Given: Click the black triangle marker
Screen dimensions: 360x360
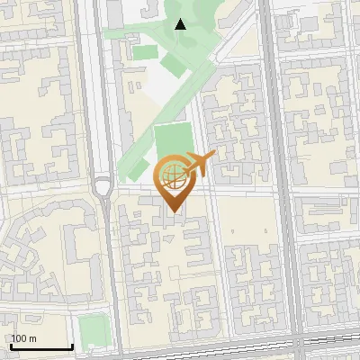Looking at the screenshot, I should click(x=180, y=24).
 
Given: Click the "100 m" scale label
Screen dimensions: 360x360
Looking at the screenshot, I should click(x=23, y=338).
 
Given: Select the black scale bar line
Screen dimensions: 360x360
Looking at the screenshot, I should click(x=41, y=347).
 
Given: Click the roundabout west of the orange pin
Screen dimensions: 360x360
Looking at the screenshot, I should click(x=103, y=187).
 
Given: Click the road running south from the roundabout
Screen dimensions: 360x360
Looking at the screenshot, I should click(x=107, y=270).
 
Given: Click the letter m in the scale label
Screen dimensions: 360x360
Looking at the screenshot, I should click(x=31, y=338).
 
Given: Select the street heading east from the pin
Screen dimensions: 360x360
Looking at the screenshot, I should click(x=243, y=193).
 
